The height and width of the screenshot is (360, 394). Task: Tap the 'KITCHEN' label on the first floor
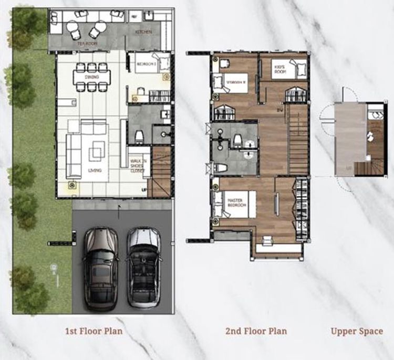tap(143, 32)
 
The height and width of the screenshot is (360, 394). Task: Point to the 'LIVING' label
tap(95, 171)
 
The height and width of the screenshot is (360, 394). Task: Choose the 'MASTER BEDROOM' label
tap(236, 203)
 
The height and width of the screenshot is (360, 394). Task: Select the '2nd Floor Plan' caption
tap(256, 331)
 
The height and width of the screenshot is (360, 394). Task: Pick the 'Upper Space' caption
tap(356, 331)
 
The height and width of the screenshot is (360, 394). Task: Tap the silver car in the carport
tap(143, 268)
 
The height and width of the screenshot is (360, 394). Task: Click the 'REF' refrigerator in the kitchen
tap(133, 17)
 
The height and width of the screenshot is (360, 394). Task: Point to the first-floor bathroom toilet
tap(139, 136)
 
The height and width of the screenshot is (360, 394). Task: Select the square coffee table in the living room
tap(96, 153)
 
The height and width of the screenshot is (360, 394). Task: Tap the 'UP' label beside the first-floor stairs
tap(144, 189)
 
